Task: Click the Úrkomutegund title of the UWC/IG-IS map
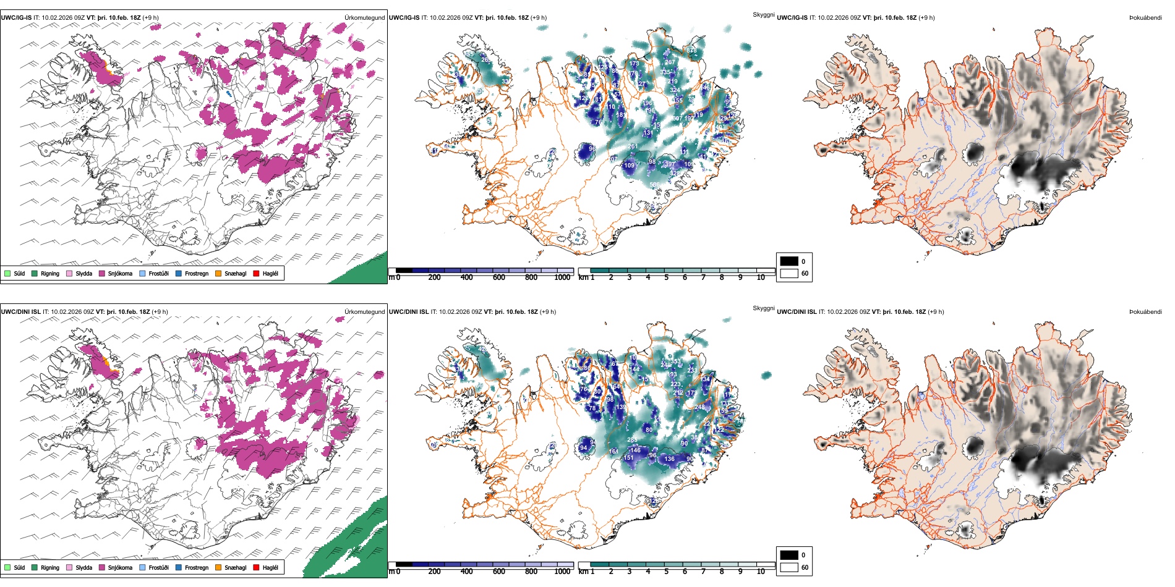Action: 364,18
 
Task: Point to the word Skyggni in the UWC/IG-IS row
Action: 763,15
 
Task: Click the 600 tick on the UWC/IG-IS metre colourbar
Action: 498,278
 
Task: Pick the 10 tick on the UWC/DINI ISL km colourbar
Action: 761,572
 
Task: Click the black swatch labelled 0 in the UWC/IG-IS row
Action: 789,261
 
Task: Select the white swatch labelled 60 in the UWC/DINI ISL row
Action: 789,567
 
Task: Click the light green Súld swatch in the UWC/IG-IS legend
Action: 7,273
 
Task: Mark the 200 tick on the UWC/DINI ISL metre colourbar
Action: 434,572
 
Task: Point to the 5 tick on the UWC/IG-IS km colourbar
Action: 666,278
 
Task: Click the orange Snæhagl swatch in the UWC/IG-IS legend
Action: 218,273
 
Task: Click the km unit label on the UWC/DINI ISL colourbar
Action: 583,572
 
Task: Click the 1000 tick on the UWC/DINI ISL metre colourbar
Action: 562,572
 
